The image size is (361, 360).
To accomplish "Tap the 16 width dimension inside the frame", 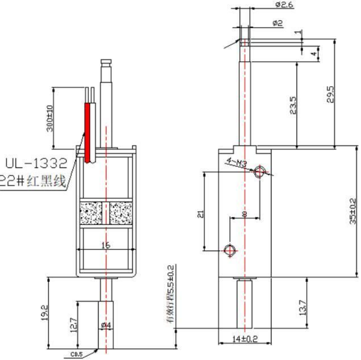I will (106, 245).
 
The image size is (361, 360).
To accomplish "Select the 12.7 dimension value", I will (74, 325).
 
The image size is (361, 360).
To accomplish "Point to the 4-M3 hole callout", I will (236, 162).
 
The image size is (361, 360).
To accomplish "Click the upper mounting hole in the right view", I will (260, 171).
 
